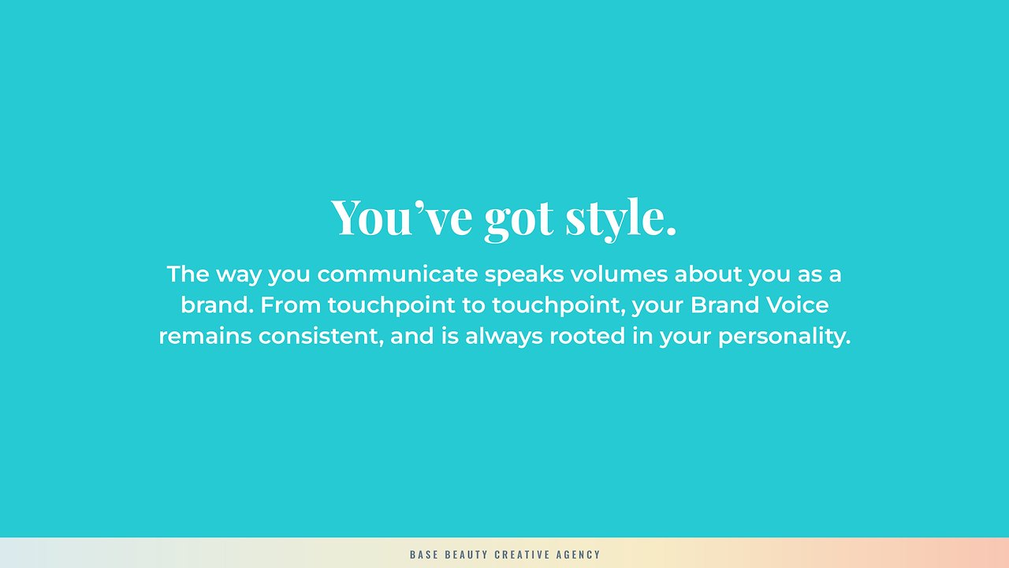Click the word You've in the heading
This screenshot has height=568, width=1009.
click(401, 217)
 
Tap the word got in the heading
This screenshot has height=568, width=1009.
click(519, 221)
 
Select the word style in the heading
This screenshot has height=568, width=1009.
click(620, 219)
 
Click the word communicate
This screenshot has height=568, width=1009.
click(397, 274)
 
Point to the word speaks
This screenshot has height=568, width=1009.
click(524, 275)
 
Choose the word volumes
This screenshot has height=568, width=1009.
click(619, 274)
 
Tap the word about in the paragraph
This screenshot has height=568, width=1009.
click(708, 274)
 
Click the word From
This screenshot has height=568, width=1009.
click(291, 305)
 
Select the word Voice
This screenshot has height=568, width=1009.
click(798, 305)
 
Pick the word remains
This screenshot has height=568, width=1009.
click(206, 336)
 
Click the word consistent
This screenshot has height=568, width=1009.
click(321, 337)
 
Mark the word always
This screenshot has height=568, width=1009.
click(504, 337)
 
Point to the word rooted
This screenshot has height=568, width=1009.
click(587, 336)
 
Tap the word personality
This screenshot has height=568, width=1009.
click(784, 337)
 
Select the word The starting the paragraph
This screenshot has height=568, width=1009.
click(188, 274)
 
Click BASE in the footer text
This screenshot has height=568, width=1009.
click(424, 555)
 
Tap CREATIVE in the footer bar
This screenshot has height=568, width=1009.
click(522, 555)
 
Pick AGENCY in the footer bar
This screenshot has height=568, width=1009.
click(579, 555)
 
